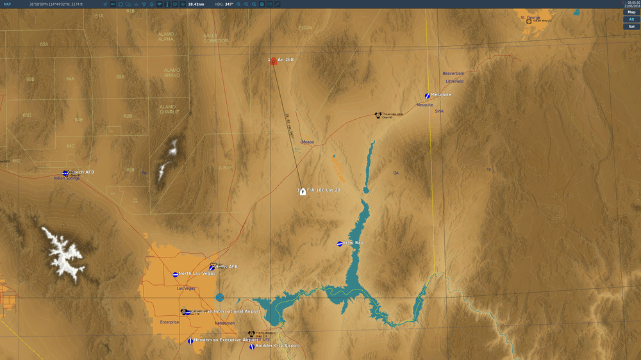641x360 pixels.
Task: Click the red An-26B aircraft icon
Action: [x=274, y=61]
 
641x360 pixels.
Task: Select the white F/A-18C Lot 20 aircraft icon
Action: [x=303, y=192]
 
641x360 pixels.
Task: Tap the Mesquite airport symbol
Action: [x=427, y=95]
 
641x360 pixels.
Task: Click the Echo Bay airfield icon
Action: [x=340, y=243]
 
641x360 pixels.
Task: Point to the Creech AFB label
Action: [x=82, y=172]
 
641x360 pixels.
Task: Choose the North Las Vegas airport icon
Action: [x=175, y=274]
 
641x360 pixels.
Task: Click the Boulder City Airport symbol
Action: [x=252, y=347]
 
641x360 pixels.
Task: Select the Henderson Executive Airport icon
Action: [x=190, y=341]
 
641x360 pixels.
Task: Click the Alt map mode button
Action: [x=631, y=19]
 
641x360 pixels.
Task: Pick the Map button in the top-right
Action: [x=631, y=12]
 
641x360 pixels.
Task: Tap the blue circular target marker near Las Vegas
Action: [x=220, y=297]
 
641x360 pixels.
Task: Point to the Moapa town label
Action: [x=308, y=142]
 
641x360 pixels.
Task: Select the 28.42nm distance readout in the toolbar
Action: [x=197, y=4]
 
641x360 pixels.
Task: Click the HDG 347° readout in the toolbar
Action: [x=224, y=4]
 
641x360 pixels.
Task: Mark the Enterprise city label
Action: [x=170, y=322]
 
